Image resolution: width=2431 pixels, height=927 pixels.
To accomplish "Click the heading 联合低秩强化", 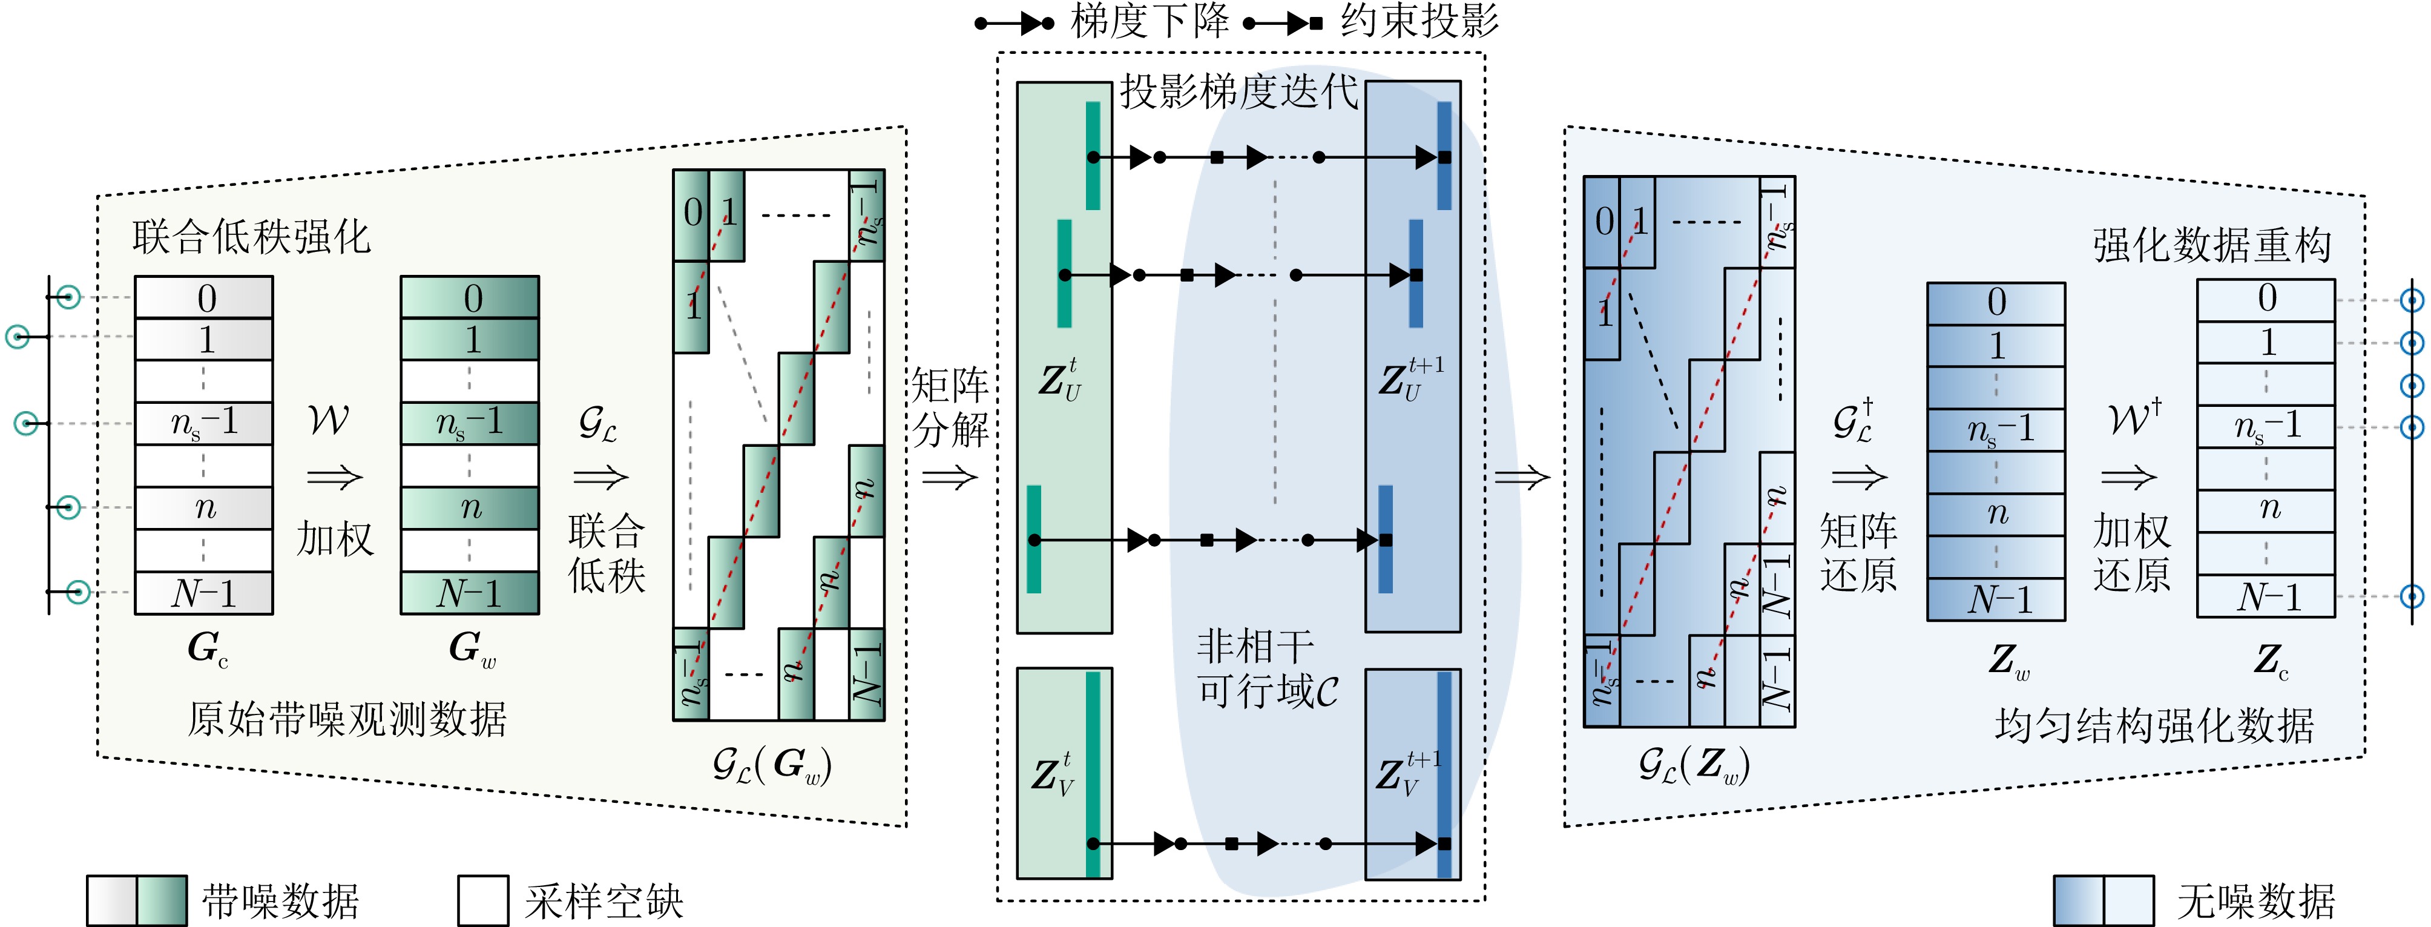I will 251,237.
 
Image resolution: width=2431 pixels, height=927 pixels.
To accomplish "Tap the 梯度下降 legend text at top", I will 1150,21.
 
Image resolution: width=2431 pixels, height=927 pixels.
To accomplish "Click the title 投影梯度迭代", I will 1238,93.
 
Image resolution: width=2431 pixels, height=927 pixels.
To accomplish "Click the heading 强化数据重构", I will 2212,245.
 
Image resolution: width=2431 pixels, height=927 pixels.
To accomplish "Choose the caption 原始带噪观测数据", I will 346,719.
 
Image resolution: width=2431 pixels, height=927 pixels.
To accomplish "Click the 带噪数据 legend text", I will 280,902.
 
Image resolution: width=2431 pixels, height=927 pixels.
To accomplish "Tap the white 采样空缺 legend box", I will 482,900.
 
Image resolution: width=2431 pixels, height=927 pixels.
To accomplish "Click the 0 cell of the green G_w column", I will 470,299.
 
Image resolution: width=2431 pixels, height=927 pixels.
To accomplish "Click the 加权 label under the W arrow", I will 335,539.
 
